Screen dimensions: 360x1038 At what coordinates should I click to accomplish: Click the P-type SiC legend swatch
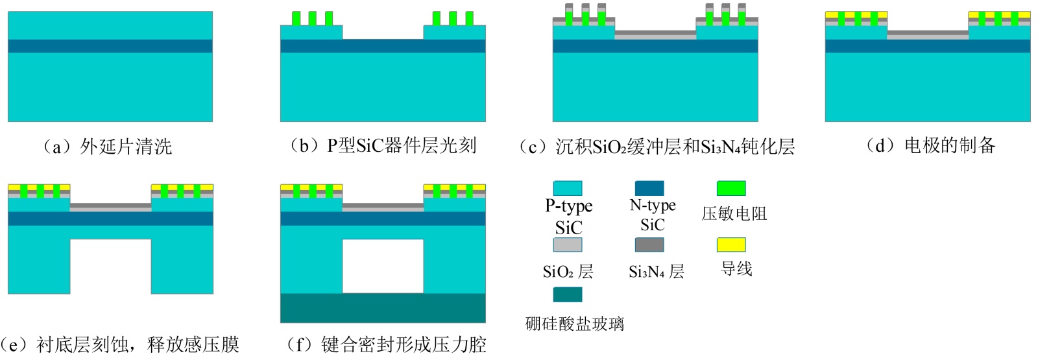pos(568,188)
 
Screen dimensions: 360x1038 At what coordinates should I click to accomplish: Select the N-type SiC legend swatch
pos(649,188)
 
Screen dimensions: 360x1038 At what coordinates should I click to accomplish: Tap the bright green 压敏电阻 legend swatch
pos(731,188)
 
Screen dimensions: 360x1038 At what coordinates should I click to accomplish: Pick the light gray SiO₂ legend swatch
pos(568,245)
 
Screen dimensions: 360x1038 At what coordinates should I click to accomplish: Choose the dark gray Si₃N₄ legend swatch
pos(649,245)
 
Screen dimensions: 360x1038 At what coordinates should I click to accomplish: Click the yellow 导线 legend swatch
pos(731,245)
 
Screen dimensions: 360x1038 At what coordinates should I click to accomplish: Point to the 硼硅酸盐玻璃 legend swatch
pos(568,294)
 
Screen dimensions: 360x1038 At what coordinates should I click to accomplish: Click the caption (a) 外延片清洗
pos(107,147)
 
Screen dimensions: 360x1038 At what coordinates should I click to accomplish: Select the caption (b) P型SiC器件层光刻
pos(383,146)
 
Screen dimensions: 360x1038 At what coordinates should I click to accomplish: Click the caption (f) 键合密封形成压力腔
pos(387,344)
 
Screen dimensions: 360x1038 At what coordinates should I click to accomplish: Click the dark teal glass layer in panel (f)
pos(383,308)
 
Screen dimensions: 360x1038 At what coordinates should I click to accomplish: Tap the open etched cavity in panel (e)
pos(110,266)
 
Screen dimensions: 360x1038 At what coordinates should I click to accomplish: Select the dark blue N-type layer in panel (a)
pos(110,46)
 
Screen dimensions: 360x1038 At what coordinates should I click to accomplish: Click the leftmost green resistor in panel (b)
pos(296,18)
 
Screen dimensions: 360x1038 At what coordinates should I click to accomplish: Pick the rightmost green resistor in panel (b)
pos(469,18)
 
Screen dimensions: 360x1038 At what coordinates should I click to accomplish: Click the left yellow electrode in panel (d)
pos(856,14)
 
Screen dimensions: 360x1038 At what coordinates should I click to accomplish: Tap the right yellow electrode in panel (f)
pos(454,187)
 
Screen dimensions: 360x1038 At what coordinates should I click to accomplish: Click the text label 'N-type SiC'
pos(652,215)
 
